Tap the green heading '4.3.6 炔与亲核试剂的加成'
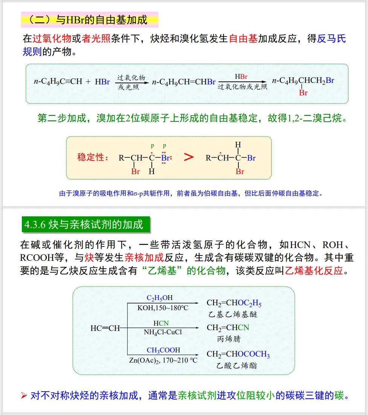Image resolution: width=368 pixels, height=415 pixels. (85, 225)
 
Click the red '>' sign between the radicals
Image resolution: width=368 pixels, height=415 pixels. (188, 157)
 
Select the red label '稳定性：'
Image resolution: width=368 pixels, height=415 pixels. (92, 157)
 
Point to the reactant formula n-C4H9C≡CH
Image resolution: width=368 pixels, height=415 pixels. (58, 81)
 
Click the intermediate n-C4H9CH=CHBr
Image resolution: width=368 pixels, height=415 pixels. (183, 81)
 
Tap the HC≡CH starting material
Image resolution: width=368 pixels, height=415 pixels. (105, 328)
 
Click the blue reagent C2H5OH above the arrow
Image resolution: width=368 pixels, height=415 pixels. (160, 298)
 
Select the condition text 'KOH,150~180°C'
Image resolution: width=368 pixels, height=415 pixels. (163, 308)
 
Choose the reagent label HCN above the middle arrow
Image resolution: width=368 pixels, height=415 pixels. (161, 323)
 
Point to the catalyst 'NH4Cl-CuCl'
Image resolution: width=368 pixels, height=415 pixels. (163, 332)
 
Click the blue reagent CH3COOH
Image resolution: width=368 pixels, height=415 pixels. (163, 350)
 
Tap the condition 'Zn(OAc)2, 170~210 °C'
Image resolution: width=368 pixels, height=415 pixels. (163, 360)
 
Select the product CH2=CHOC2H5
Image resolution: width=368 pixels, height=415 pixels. (234, 303)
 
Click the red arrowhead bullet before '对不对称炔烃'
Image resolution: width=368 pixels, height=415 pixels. (24, 396)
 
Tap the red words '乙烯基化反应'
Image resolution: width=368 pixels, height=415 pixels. (314, 271)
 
